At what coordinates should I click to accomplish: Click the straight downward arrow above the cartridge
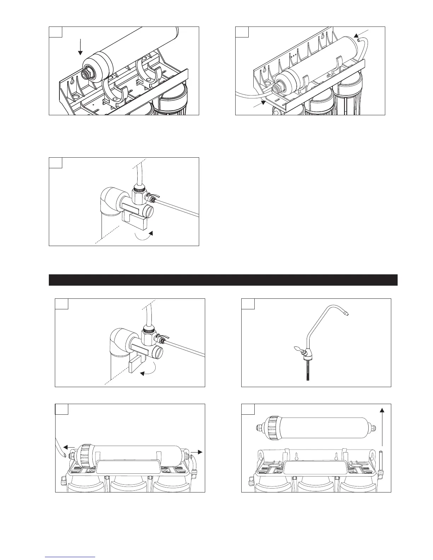coord(80,47)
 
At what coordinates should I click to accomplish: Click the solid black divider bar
coord(223,280)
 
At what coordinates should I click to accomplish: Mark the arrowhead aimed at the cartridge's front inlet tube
coord(262,103)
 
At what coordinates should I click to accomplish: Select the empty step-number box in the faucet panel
coord(248,304)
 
